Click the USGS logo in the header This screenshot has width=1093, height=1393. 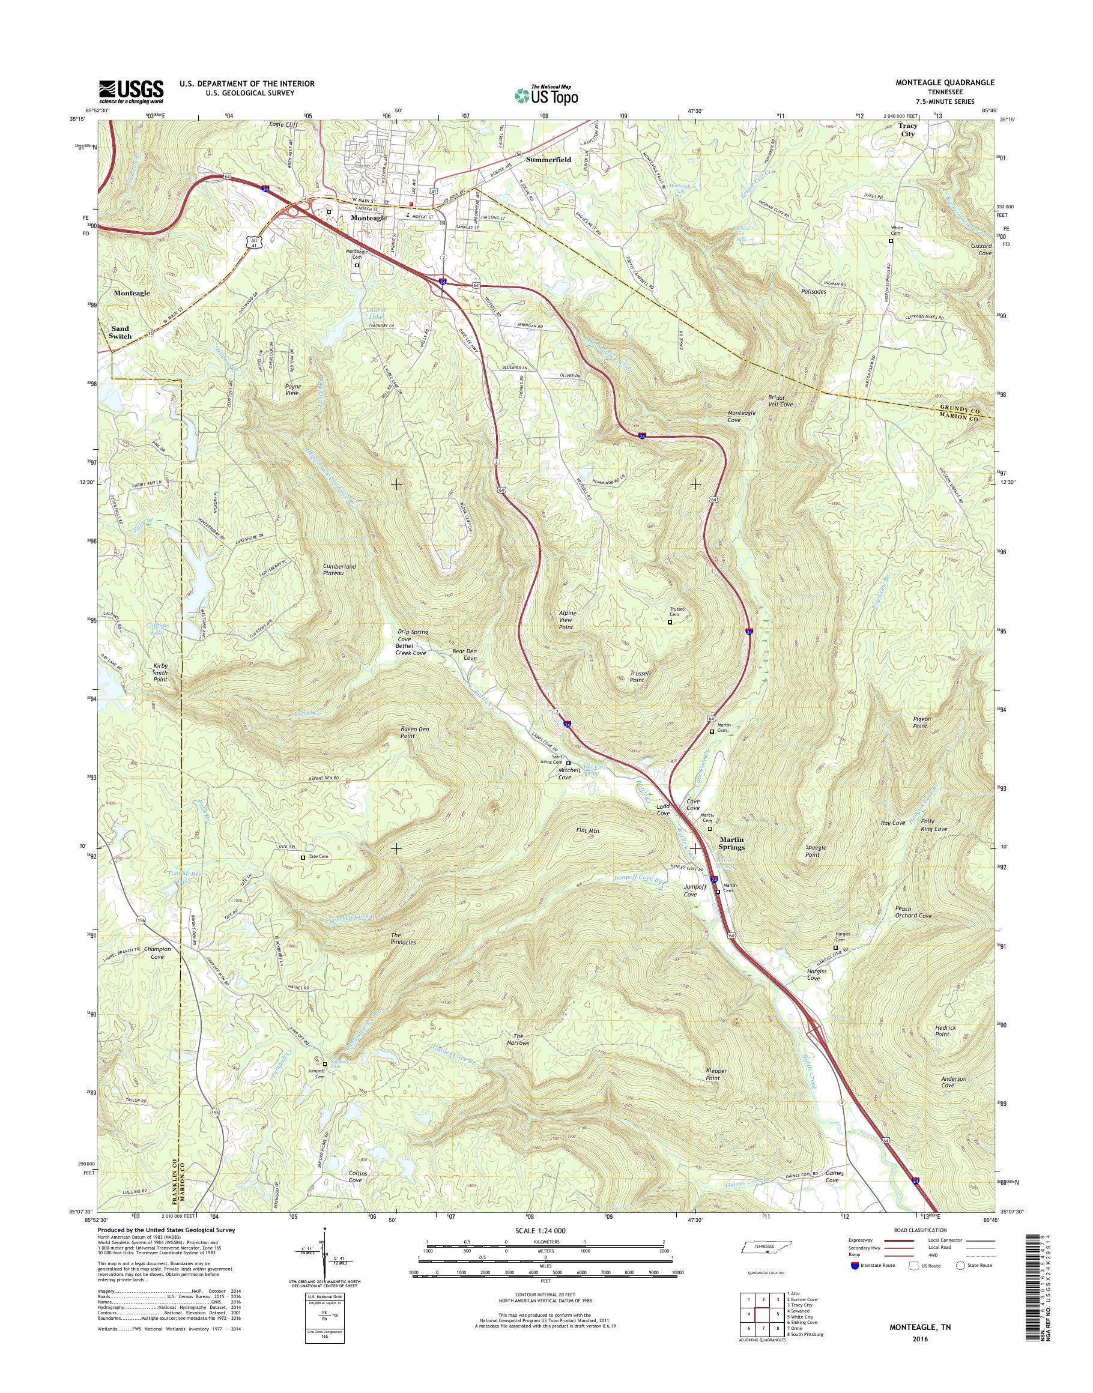point(131,91)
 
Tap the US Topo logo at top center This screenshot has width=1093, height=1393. point(546,95)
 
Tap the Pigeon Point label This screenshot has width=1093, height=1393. point(921,722)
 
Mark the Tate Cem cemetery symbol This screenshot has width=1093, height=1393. point(303,857)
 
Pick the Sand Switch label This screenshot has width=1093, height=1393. point(120,332)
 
